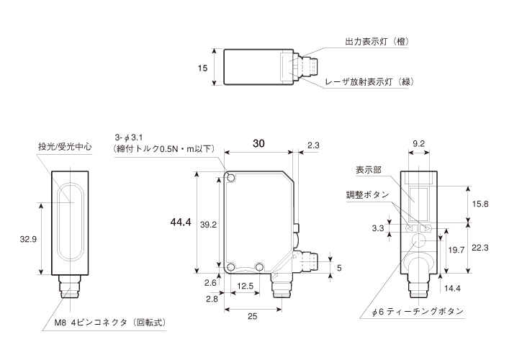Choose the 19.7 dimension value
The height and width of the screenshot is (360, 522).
(x=456, y=249)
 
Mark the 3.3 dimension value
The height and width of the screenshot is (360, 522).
(x=377, y=230)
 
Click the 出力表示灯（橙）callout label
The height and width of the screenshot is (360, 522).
(x=377, y=42)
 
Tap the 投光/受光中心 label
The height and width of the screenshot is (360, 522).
(x=65, y=146)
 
